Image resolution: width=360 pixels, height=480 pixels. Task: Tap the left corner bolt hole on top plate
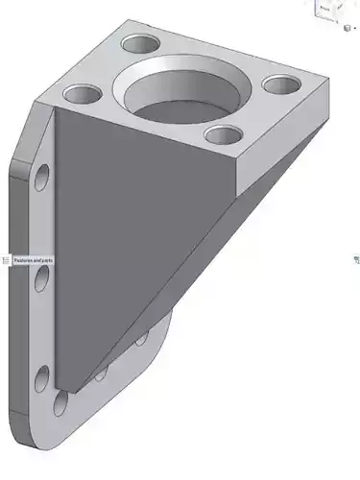coord(83,95)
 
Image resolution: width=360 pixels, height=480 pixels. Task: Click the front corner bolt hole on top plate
coord(222,136)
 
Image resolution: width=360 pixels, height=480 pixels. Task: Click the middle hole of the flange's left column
coord(42,278)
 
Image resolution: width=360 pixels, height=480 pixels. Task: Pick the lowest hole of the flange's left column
coord(42,377)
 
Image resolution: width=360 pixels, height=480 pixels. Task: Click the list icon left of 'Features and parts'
coord(6,260)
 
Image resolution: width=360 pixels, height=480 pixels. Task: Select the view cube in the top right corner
coord(325,9)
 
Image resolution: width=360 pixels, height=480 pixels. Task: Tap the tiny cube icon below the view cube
coord(348,28)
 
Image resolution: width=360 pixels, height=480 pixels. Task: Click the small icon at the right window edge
coord(356,259)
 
